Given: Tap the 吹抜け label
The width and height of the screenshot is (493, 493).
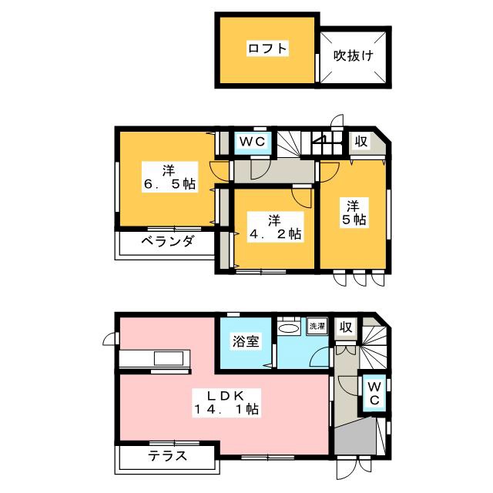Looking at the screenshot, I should point(354,55).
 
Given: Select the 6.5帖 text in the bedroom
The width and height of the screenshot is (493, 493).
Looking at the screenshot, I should point(167,185).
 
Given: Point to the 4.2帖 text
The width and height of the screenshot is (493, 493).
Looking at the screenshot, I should point(273,233).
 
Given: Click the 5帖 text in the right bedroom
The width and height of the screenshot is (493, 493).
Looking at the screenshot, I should point(354,220).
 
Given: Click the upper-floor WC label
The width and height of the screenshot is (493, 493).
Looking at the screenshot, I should point(250,142).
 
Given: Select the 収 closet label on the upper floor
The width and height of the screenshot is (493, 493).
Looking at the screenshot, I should point(360,142).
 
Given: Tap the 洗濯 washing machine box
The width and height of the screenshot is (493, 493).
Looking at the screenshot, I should point(317,326).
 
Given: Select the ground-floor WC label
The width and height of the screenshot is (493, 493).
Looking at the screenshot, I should point(373,393).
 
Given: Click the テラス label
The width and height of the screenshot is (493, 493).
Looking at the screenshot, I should point(165,455).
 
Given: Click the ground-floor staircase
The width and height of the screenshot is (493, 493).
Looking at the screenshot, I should point(375,344).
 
